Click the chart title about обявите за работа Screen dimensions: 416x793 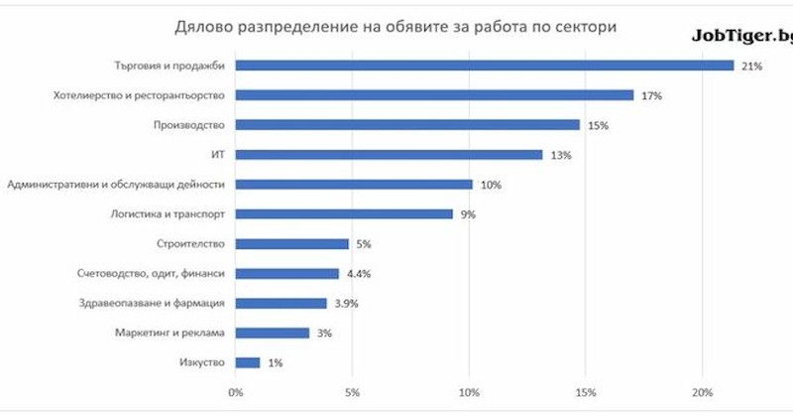tap(396, 26)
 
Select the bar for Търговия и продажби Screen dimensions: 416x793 tap(485, 66)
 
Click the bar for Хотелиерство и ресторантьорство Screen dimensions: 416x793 tap(434, 95)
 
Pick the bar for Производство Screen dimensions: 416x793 tap(407, 125)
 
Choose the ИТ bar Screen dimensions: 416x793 tap(389, 155)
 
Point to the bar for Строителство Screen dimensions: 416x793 tap(292, 243)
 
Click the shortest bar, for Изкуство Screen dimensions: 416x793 tap(248, 362)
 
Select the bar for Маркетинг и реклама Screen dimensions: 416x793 tap(273, 333)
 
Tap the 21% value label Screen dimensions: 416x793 tap(751, 66)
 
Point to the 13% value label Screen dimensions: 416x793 tap(561, 155)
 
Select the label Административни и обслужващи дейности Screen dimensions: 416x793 tap(116, 184)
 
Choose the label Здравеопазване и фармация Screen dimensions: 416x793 tap(153, 303)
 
